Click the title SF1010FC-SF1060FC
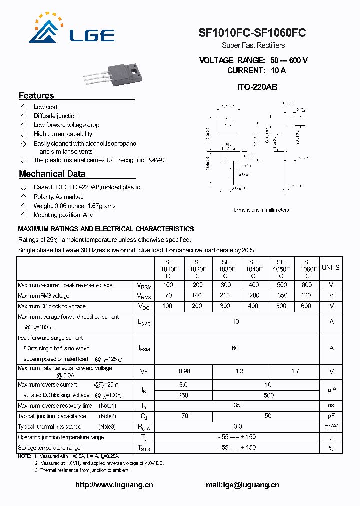click(252, 33)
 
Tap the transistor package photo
click(112, 75)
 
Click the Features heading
click(36, 96)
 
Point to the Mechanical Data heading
click(52, 174)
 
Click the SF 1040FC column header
click(253, 269)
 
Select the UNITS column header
click(331, 267)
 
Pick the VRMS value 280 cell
click(254, 296)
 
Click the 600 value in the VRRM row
click(306, 285)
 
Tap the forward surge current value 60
click(235, 348)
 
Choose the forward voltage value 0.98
click(184, 371)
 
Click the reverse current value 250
click(183, 395)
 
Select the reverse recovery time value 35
click(237, 406)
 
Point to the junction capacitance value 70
click(184, 416)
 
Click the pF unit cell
click(331, 416)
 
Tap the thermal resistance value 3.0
click(237, 426)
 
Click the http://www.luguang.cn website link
click(114, 485)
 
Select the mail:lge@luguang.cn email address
click(242, 485)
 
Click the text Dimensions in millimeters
click(261, 210)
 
